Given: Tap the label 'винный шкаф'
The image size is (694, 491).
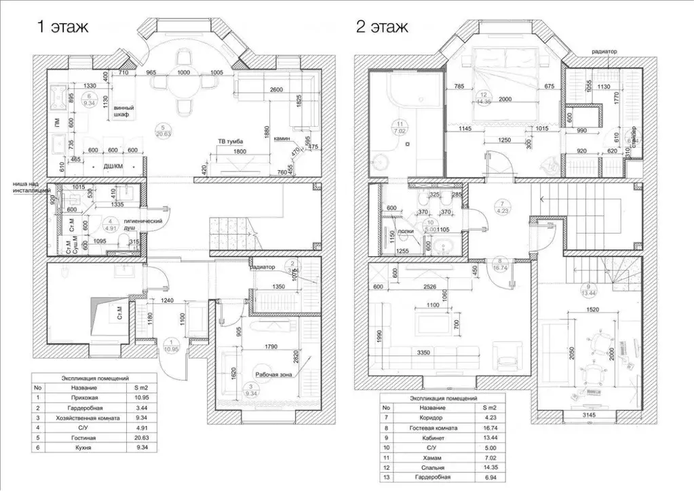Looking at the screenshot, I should pyautogui.click(x=123, y=112).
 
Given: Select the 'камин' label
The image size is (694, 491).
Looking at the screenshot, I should pyautogui.click(x=283, y=138).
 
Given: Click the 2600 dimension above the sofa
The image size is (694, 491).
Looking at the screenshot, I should pyautogui.click(x=275, y=91).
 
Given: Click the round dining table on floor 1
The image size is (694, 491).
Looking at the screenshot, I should pyautogui.click(x=183, y=88).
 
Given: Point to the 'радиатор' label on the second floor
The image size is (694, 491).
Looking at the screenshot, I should pyautogui.click(x=604, y=51).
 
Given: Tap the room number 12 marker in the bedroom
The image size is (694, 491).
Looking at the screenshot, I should pyautogui.click(x=483, y=95).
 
